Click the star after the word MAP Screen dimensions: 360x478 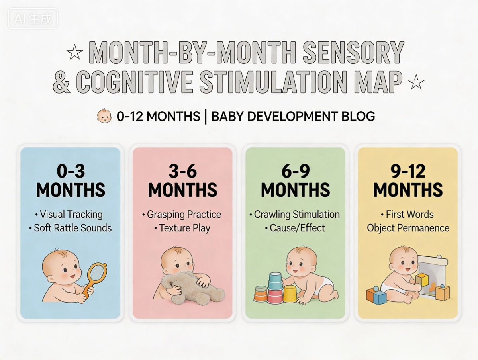[x=417, y=83]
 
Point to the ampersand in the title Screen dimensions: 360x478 [x=62, y=82]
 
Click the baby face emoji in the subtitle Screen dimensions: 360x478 [x=104, y=116]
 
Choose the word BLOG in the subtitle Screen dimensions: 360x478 [x=358, y=116]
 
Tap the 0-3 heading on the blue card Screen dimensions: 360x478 [x=71, y=171]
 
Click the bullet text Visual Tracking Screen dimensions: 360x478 [x=71, y=215]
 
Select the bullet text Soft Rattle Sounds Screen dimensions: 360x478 [x=71, y=228]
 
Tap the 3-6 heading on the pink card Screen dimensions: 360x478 [x=183, y=171]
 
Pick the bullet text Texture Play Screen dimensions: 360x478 [x=184, y=228]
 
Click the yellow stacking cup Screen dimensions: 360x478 [x=289, y=294]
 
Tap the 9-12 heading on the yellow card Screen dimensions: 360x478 [x=408, y=171]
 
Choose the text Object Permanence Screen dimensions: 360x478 [x=408, y=228]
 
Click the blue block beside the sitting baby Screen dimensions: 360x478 [x=376, y=295]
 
